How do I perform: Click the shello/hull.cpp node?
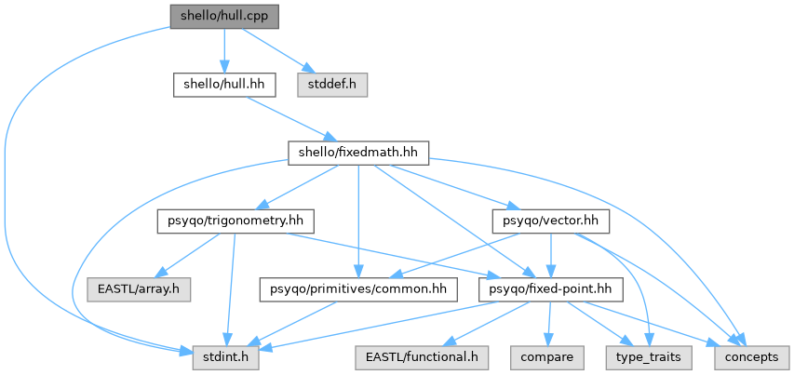click(x=224, y=17)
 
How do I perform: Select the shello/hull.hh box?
click(x=224, y=86)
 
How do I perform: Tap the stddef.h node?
click(x=332, y=86)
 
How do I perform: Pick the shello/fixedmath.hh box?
click(x=358, y=153)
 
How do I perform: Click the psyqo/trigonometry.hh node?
click(x=236, y=221)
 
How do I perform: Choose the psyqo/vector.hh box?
click(x=550, y=221)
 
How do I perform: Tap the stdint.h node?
click(x=226, y=357)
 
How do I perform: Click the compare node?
click(x=547, y=357)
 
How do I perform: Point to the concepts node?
click(x=752, y=357)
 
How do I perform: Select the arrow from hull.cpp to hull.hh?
click(x=224, y=51)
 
